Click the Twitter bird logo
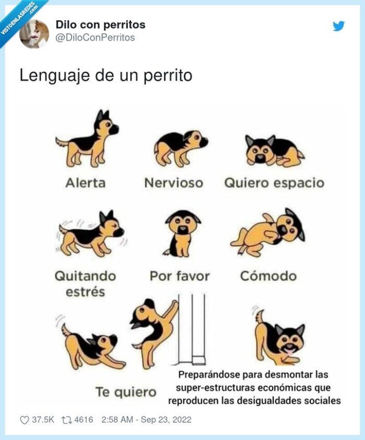click(x=339, y=26)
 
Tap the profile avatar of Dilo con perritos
click(x=34, y=33)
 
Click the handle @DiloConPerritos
click(x=95, y=38)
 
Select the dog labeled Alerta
click(x=88, y=138)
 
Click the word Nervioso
click(x=173, y=183)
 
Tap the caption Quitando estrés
click(x=86, y=283)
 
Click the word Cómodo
click(x=268, y=276)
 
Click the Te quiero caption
click(x=126, y=392)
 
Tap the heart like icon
click(x=25, y=420)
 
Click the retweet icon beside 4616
click(x=67, y=420)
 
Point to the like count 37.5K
click(x=44, y=420)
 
